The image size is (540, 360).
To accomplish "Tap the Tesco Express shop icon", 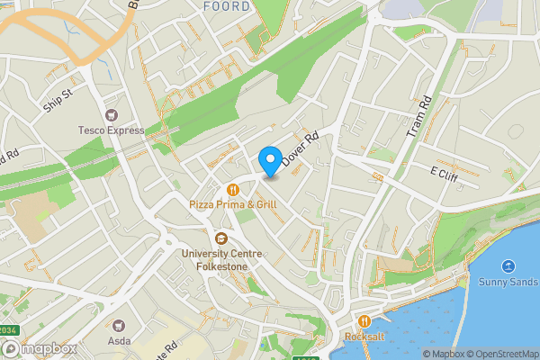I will (x=112, y=115).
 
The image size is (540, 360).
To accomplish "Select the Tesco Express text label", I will (x=112, y=130).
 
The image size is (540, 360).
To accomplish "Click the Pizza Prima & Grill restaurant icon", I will (x=232, y=190).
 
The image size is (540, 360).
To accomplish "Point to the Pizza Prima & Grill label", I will (x=232, y=205).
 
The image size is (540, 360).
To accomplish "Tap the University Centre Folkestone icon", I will (x=220, y=238).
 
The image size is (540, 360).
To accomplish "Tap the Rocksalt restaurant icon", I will (x=364, y=321).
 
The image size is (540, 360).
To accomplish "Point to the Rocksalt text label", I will (x=364, y=337).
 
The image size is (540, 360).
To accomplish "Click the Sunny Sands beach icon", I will (x=508, y=265).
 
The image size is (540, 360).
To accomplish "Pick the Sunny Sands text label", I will (x=508, y=282).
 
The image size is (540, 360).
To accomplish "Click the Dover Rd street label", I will (x=301, y=149).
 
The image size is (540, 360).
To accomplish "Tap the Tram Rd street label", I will (x=420, y=117).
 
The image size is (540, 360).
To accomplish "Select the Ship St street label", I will (x=56, y=100).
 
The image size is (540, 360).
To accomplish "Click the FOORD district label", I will (x=226, y=6).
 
